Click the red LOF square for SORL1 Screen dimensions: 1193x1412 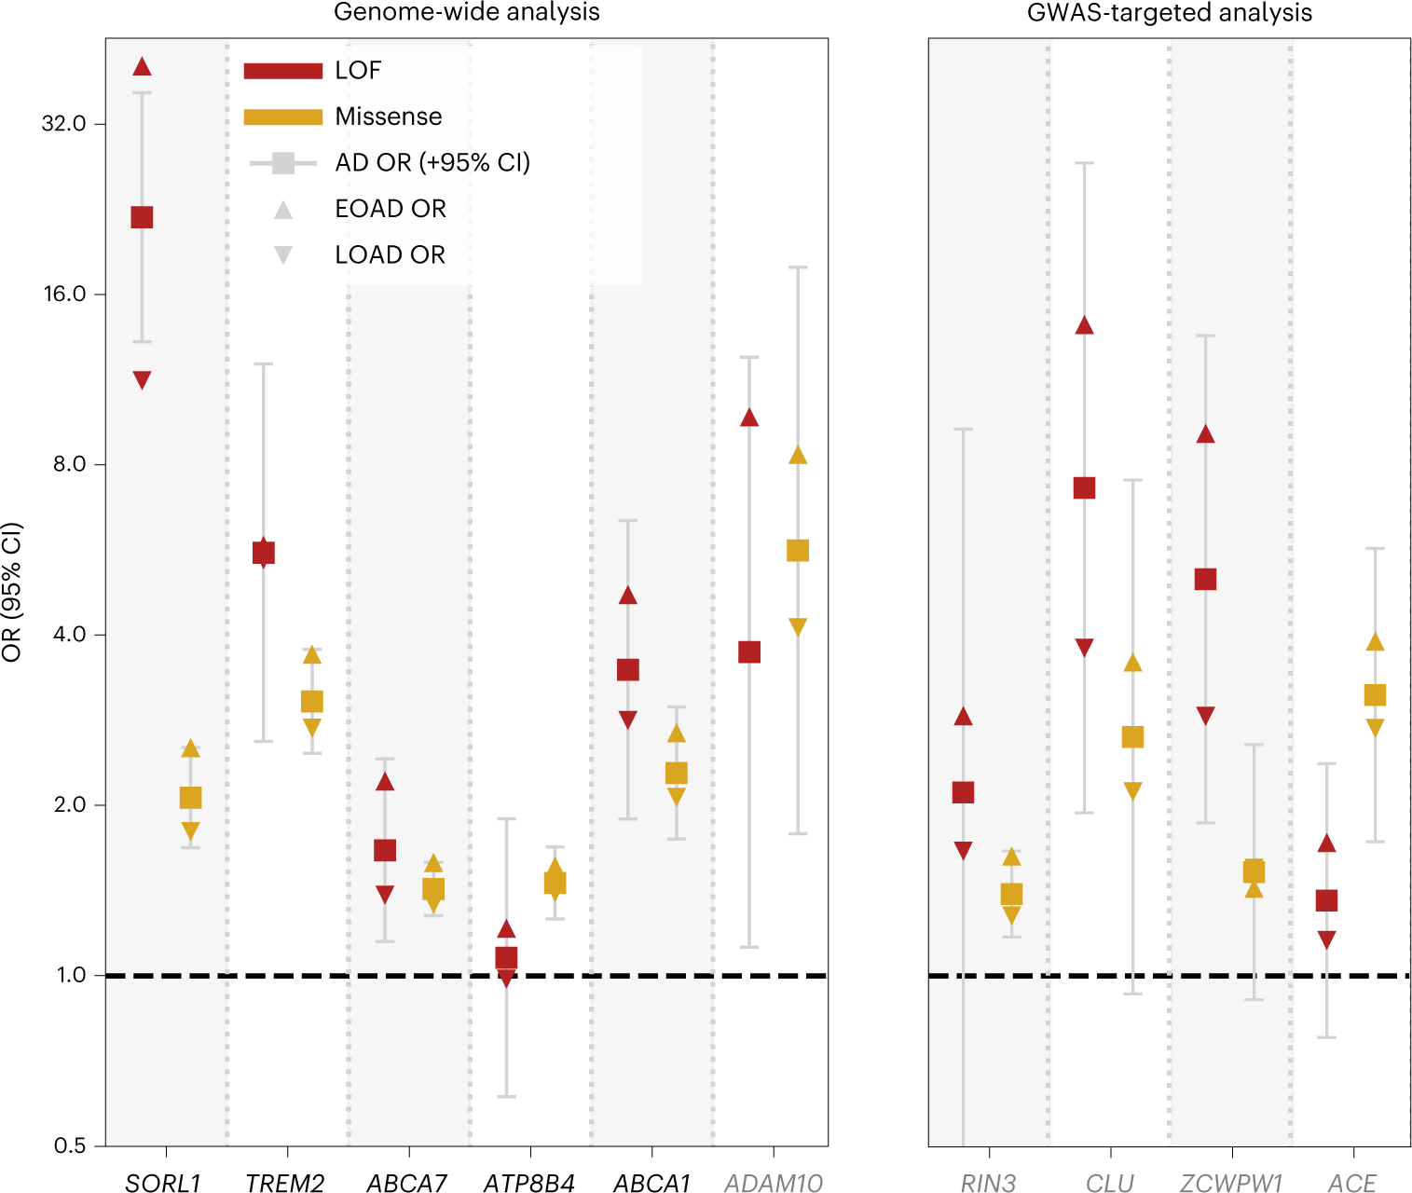click(142, 217)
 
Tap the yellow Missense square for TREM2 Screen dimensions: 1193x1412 click(312, 701)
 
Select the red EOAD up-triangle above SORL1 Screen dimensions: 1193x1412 click(142, 66)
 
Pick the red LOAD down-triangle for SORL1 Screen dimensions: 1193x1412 click(142, 379)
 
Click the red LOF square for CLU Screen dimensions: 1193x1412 click(1084, 487)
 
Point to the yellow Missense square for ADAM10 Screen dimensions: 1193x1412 click(798, 551)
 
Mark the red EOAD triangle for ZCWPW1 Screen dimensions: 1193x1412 click(1205, 434)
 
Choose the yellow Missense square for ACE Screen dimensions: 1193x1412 click(1375, 694)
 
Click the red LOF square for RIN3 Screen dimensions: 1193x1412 click(963, 792)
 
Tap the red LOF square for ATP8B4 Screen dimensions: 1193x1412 click(506, 957)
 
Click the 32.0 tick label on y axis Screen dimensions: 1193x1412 click(63, 124)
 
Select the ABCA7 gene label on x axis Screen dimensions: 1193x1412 click(407, 1183)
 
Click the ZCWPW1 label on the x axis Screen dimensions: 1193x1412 click(1231, 1183)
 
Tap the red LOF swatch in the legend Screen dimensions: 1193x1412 click(282, 71)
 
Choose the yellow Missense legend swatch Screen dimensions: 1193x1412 click(282, 117)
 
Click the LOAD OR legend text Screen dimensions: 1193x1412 click(390, 254)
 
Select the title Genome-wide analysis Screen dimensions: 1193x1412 click(466, 12)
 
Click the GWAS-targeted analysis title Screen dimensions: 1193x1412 click(1169, 12)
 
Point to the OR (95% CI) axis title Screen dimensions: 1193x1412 click(12, 593)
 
